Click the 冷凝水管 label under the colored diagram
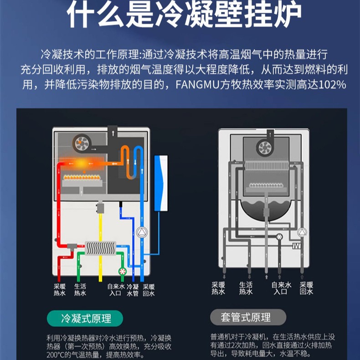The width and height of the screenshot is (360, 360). click(133, 290)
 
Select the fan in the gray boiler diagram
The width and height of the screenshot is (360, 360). click(264, 147)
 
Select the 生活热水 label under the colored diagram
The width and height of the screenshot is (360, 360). click(80, 290)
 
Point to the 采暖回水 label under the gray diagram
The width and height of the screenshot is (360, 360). click(306, 288)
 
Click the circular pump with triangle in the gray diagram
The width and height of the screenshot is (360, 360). click(301, 233)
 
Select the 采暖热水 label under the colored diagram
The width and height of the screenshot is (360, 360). click(60, 290)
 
